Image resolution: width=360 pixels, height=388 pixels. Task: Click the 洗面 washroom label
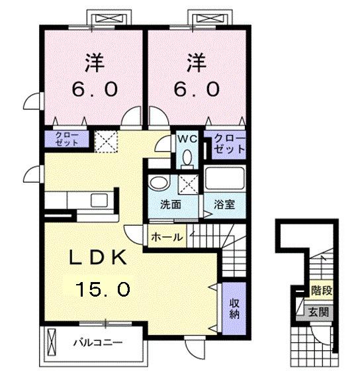[x=171, y=205]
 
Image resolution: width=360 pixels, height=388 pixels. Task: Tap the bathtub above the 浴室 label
[x=225, y=179]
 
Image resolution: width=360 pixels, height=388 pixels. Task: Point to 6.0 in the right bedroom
[x=198, y=88]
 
